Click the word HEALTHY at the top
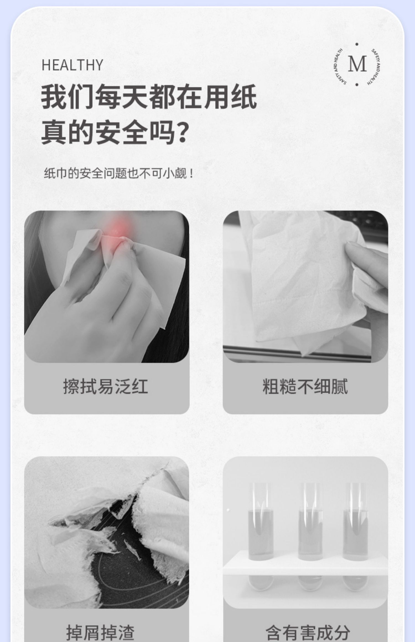(72, 65)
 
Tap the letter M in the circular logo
(357, 64)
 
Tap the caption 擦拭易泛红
(106, 386)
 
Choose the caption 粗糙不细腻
(305, 386)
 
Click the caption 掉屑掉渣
(100, 632)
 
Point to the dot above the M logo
(357, 44)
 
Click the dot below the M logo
(357, 85)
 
